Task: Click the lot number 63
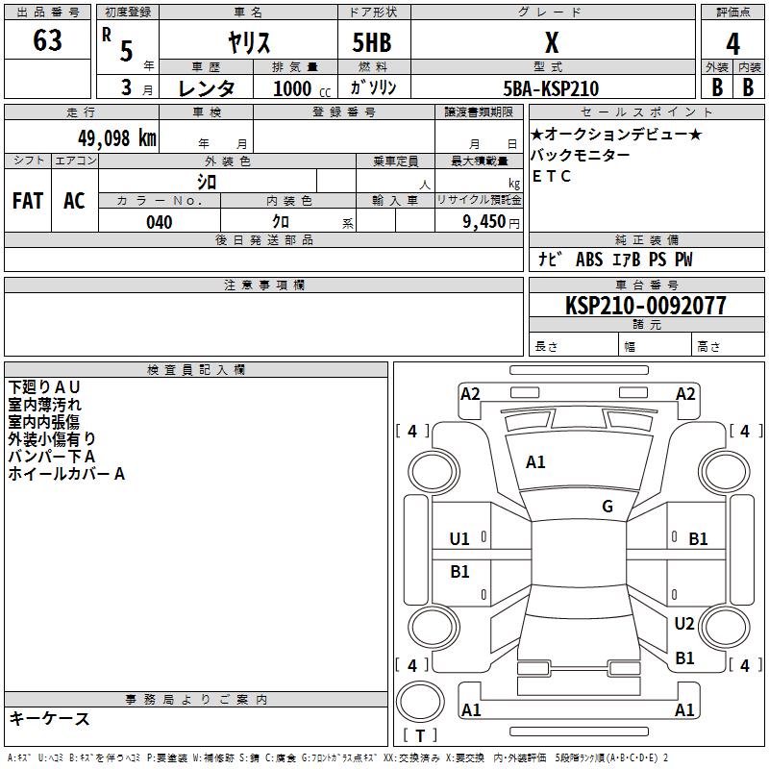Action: pos(47,39)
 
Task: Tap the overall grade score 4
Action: pos(732,44)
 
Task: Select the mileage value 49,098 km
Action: pos(117,138)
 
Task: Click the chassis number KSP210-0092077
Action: pos(645,305)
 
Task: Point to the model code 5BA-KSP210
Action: pos(551,88)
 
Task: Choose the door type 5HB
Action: pos(372,42)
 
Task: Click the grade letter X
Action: pos(552,42)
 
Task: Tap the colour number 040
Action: pos(160,222)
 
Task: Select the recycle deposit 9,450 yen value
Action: pos(491,222)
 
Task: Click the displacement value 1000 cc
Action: pos(302,88)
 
